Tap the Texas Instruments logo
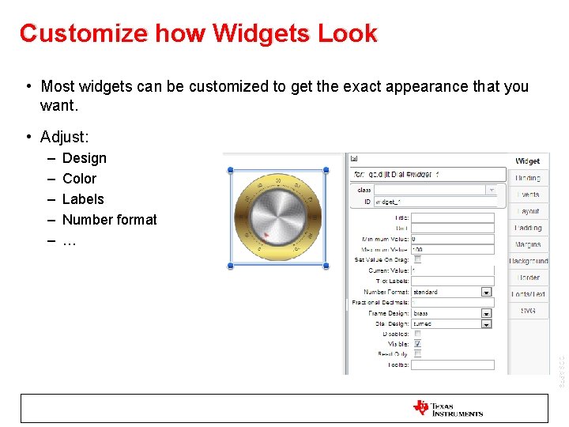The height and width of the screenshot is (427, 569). (x=447, y=408)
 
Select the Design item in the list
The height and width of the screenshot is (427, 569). (x=84, y=158)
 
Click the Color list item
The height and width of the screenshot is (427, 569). (x=79, y=179)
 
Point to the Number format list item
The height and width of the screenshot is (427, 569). (x=109, y=220)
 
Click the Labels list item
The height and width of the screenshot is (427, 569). (x=83, y=199)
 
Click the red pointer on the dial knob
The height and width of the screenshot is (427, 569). (x=267, y=235)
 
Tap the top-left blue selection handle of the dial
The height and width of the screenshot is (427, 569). (x=230, y=169)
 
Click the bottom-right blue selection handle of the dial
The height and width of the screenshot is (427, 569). (x=326, y=266)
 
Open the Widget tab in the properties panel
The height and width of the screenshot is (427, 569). (x=527, y=161)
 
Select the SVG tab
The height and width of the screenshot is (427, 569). (x=527, y=311)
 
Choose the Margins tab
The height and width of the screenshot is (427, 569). (x=527, y=244)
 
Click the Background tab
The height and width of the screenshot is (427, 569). (x=527, y=261)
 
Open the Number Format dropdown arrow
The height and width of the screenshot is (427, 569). (x=487, y=292)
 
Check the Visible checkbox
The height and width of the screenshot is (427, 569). (x=417, y=344)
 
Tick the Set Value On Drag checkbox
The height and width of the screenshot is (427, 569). (x=417, y=259)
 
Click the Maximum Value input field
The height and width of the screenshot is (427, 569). (x=452, y=249)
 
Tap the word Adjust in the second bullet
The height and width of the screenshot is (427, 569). (x=64, y=138)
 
